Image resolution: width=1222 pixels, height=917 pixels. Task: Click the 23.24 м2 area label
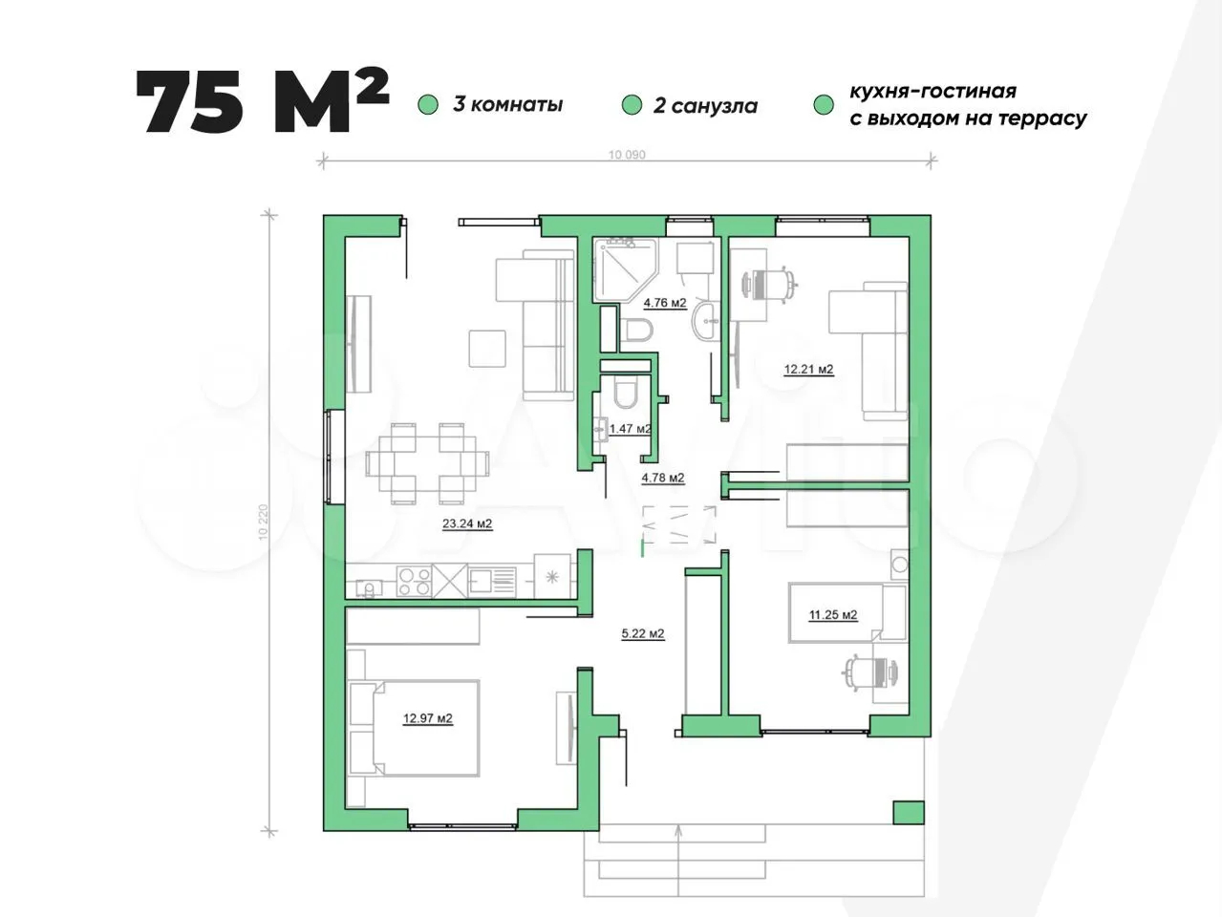tap(467, 523)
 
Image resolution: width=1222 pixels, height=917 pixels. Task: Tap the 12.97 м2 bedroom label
tap(428, 718)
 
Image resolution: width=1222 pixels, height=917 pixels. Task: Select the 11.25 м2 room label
tap(833, 615)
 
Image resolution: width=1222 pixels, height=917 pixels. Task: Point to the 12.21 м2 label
tap(808, 369)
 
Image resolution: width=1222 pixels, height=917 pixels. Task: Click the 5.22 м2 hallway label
tap(643, 633)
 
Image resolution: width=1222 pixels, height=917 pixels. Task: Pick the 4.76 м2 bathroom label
tap(665, 303)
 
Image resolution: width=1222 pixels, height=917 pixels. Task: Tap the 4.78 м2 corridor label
tap(662, 478)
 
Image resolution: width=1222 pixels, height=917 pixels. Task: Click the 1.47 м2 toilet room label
tap(631, 429)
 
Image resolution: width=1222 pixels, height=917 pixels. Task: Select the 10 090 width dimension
tap(627, 154)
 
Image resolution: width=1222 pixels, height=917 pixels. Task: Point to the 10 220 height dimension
tap(264, 522)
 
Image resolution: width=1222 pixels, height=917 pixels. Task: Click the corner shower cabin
tap(626, 270)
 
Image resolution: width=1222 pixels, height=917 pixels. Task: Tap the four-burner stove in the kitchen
tap(415, 581)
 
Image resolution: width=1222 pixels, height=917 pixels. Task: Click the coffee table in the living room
tap(487, 349)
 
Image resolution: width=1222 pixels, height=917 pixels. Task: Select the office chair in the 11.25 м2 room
tap(870, 672)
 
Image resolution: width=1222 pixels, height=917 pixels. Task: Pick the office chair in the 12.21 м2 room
tap(770, 286)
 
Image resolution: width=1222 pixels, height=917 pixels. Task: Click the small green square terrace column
tap(909, 812)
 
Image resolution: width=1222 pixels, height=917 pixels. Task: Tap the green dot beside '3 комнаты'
tap(428, 105)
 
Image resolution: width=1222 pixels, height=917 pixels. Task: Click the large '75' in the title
tap(190, 102)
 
